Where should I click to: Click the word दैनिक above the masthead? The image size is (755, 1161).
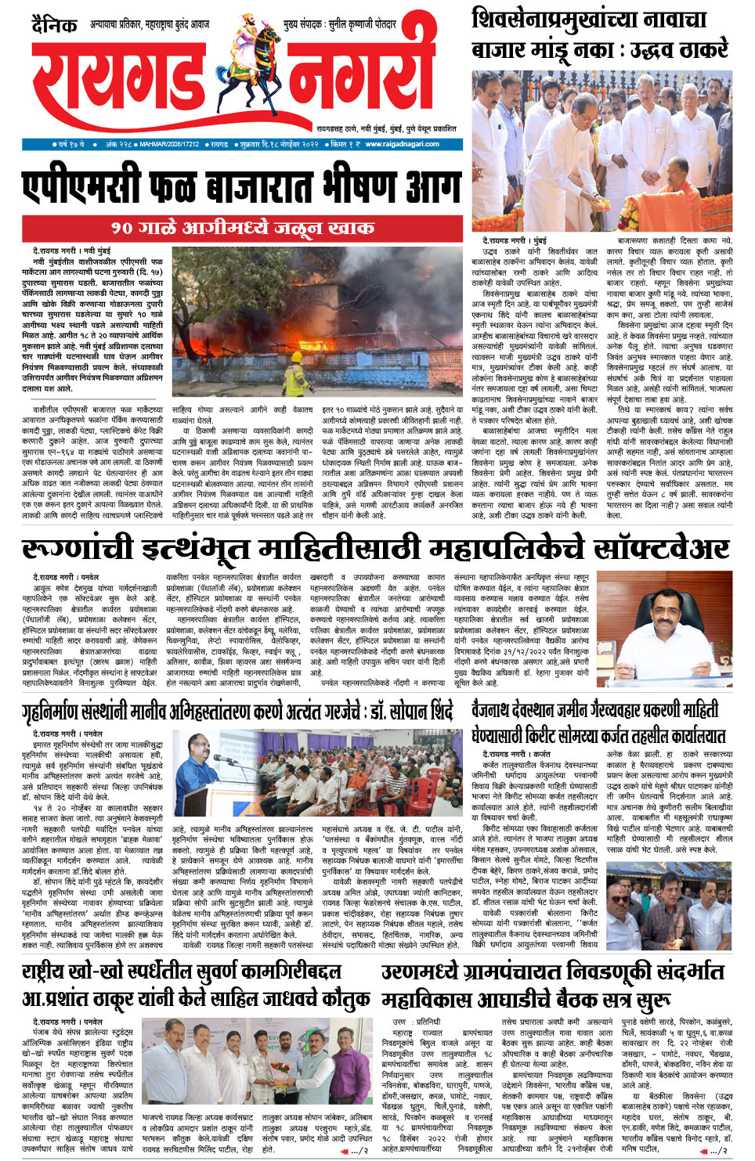(54, 25)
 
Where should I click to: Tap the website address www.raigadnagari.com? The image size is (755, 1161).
(402, 144)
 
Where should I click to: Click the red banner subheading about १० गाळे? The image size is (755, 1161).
(242, 228)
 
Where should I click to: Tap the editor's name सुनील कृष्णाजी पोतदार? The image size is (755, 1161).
(362, 25)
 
